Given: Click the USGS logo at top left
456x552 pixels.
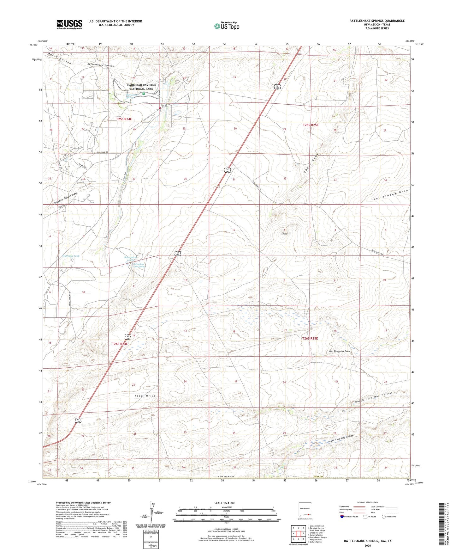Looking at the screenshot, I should click(69, 24).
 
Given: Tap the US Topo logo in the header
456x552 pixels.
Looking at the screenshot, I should click(227, 26).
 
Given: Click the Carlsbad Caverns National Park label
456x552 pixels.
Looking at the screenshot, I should click(142, 87).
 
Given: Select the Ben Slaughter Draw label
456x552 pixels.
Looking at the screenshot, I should click(340, 351).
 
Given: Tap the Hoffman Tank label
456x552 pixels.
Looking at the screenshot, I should click(71, 256).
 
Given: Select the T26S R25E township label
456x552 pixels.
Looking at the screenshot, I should click(310, 338).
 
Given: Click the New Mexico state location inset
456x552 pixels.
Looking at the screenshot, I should click(305, 510).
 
